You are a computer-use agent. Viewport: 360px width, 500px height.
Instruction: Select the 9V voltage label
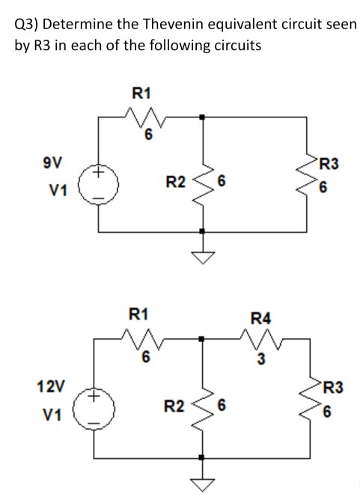[53, 162]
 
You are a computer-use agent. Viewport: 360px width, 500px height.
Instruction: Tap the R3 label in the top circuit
[329, 162]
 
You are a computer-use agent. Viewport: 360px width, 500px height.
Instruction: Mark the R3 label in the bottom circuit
[329, 388]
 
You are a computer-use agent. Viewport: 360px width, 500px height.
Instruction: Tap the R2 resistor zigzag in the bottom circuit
[202, 407]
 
